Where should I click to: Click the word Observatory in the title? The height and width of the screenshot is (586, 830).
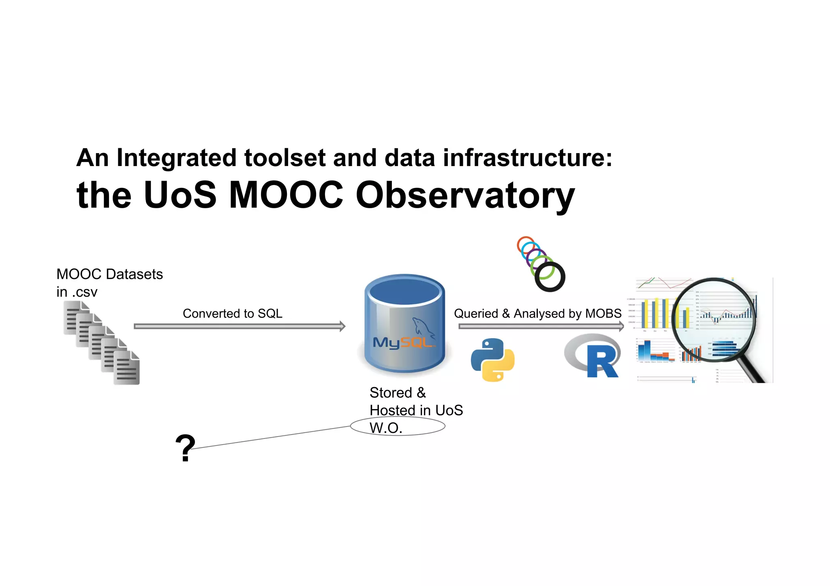[465, 196]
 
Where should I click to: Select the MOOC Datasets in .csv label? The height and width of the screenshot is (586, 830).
[109, 283]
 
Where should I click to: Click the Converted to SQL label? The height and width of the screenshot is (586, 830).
[232, 313]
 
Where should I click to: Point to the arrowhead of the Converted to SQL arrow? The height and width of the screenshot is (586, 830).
[342, 326]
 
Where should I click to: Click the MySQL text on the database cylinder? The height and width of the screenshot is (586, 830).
[402, 343]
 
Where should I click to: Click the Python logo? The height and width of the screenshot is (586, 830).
[492, 360]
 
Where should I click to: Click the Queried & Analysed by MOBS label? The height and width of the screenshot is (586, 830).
[537, 313]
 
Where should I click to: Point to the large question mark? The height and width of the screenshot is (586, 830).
[185, 447]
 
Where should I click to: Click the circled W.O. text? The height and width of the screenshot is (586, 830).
[386, 428]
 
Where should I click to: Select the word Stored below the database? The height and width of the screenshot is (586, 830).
[391, 392]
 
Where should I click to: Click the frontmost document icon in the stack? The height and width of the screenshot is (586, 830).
[127, 368]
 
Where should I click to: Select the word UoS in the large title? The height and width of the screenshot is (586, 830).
[180, 196]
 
